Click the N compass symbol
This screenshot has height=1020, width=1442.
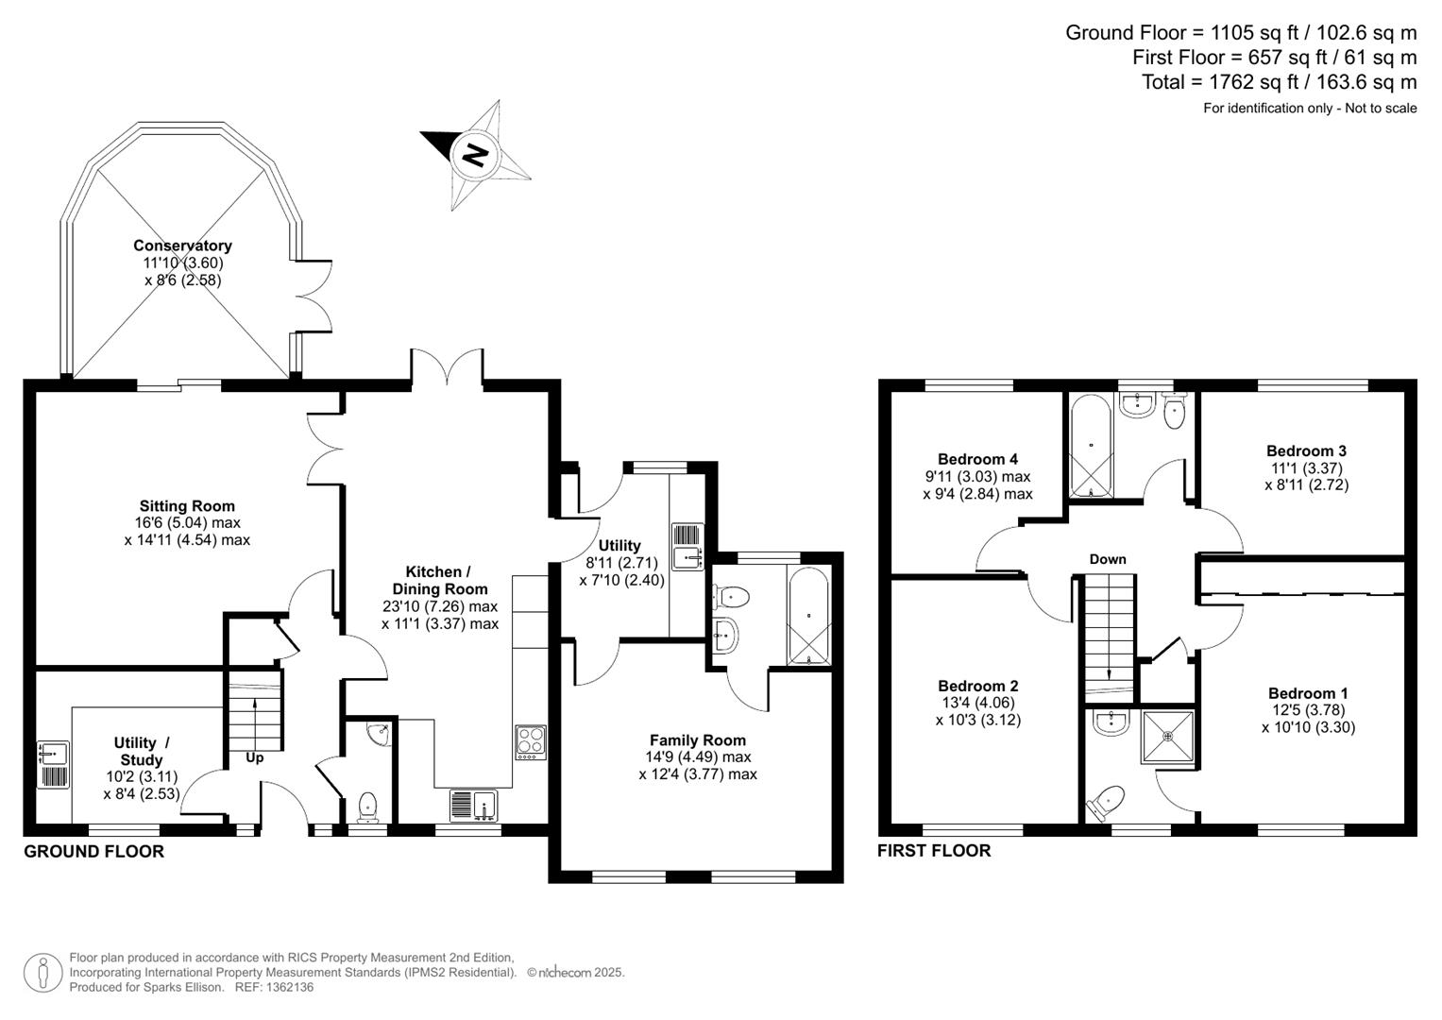[x=475, y=154]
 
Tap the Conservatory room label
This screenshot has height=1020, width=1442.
[x=182, y=246]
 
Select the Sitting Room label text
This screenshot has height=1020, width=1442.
[x=187, y=506]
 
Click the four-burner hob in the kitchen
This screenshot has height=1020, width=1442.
[x=530, y=742]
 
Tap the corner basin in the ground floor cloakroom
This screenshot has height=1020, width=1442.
[x=380, y=734]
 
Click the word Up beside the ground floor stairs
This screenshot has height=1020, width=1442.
[x=255, y=757]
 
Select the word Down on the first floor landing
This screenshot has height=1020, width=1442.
[x=1108, y=559]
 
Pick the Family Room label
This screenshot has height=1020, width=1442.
[x=697, y=740]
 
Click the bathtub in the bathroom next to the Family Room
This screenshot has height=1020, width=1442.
[x=808, y=616]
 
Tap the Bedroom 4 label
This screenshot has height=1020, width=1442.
[x=977, y=459]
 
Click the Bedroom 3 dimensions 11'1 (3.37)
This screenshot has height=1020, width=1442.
[x=1306, y=468]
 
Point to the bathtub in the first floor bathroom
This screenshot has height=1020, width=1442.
[x=1091, y=446]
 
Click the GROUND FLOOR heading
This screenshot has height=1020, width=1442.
[x=93, y=852]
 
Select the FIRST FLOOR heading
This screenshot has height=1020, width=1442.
[x=934, y=851]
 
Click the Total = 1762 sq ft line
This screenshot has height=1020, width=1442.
[x=1279, y=82]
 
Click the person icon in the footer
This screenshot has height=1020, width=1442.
[x=42, y=972]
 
